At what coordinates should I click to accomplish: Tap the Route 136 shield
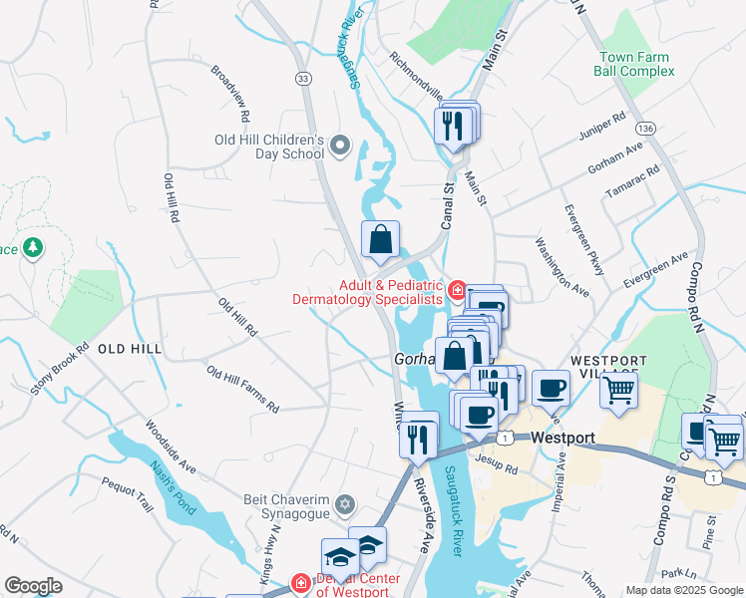647,129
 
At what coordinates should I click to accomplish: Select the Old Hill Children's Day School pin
341,147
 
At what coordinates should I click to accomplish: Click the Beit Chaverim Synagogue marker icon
345,503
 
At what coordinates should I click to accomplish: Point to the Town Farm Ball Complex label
635,65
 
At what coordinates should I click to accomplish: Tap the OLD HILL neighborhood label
130,348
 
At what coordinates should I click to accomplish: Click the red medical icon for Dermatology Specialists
457,291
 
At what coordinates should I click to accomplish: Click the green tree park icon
33,246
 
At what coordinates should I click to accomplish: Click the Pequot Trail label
127,494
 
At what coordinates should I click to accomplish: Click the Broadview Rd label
229,89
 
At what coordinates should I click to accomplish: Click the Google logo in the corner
34,586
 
